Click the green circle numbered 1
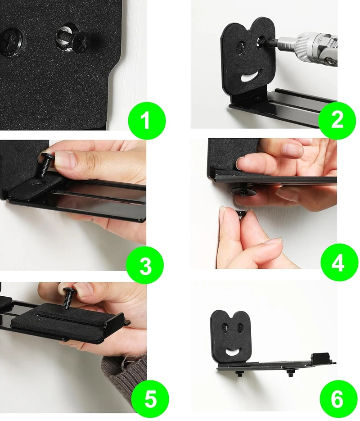pyautogui.click(x=146, y=120)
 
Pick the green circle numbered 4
pyautogui.click(x=339, y=263)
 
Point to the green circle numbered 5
pyautogui.click(x=150, y=398)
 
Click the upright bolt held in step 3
pyautogui.click(x=45, y=165)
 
